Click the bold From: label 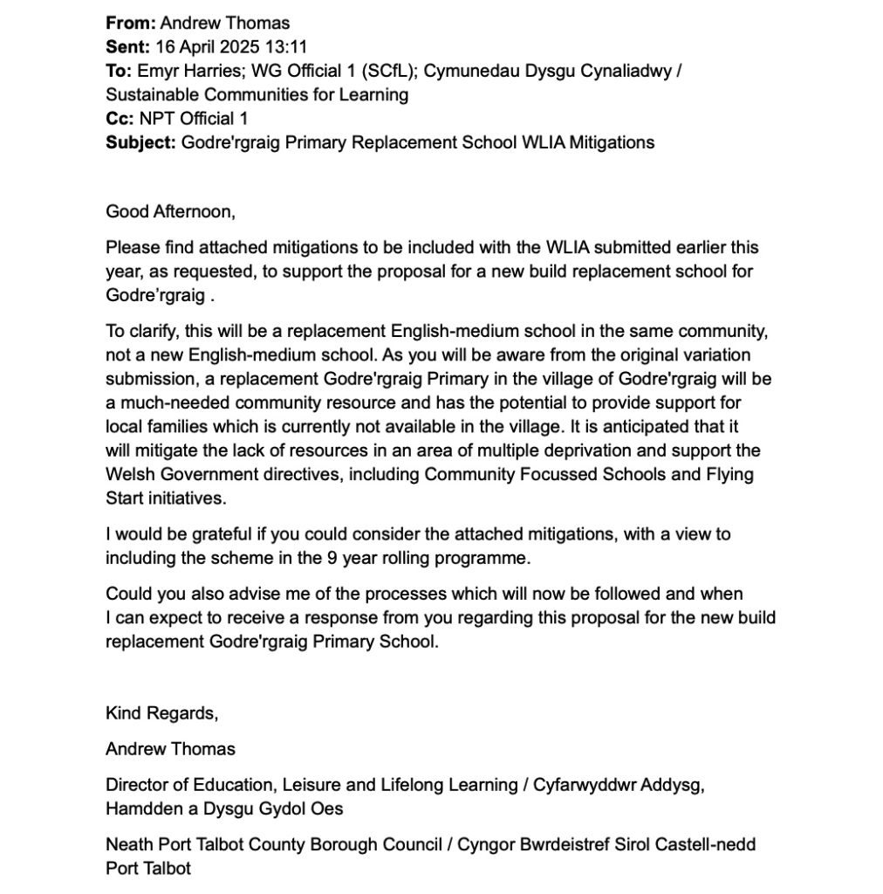130,23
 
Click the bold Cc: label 121,118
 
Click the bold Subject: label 140,141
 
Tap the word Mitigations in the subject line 611,141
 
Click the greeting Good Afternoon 170,211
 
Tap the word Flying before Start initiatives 729,474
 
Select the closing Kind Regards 161,712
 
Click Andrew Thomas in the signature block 170,748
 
